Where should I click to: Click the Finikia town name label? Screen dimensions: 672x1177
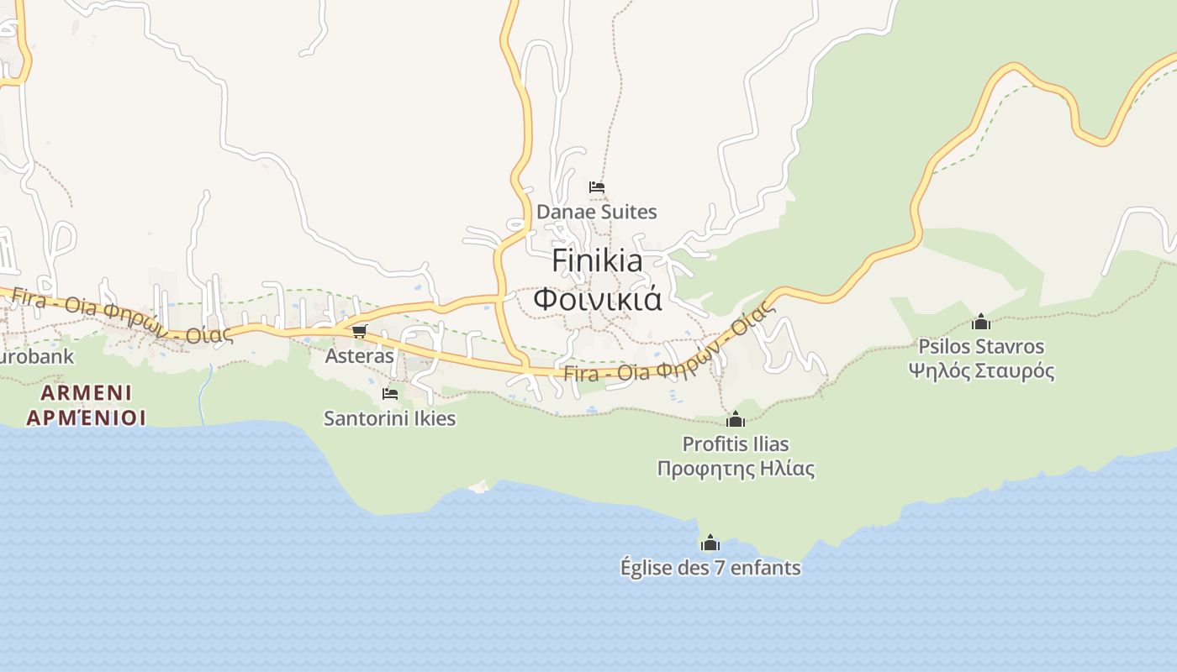(x=597, y=260)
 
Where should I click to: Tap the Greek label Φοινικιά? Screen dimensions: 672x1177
(x=597, y=298)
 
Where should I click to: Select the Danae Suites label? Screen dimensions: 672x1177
(x=597, y=212)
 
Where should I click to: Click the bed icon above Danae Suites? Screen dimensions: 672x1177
(x=597, y=187)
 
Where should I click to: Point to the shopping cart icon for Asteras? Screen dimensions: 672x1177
(x=360, y=331)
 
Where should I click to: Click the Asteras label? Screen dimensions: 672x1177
(x=360, y=355)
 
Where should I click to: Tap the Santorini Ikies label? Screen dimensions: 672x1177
(x=389, y=417)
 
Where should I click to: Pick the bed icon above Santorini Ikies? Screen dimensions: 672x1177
(x=389, y=393)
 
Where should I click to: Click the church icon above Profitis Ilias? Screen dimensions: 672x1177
(x=736, y=419)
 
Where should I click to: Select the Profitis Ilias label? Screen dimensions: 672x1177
(x=736, y=444)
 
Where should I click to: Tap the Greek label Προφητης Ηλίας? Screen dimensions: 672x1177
(x=736, y=468)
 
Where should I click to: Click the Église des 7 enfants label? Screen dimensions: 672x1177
(x=710, y=568)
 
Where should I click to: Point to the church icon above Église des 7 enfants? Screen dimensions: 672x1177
(x=710, y=543)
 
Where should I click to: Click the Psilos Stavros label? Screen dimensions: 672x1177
(x=981, y=346)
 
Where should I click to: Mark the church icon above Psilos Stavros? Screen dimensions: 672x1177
(x=981, y=322)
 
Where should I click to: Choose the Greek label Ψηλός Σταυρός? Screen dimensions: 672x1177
(x=981, y=370)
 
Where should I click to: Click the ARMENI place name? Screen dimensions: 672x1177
(x=86, y=392)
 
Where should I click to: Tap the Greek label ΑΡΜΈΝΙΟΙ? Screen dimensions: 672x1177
(x=86, y=417)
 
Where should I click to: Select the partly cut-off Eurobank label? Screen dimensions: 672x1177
(x=37, y=356)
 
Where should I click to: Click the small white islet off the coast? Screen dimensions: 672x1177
(x=479, y=486)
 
